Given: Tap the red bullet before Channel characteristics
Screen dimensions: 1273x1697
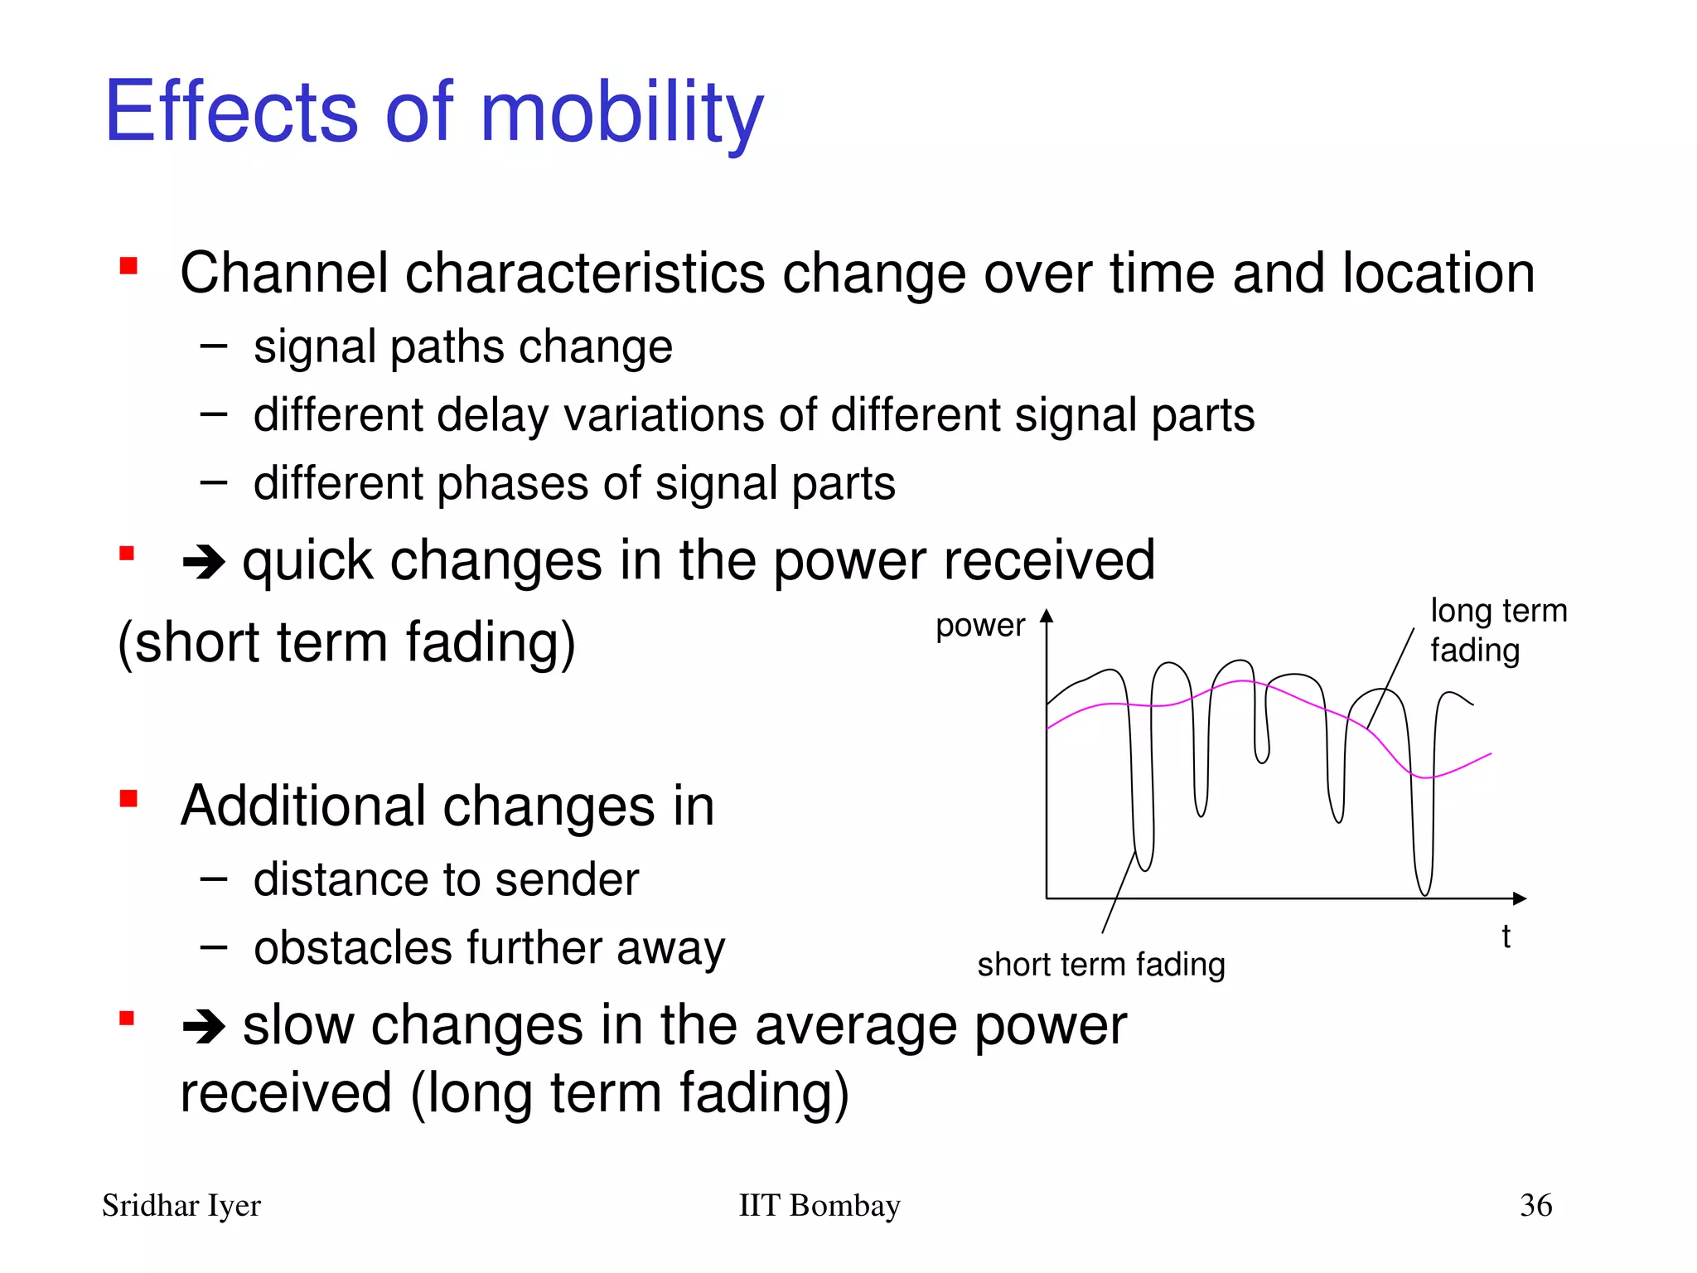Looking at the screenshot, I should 128,266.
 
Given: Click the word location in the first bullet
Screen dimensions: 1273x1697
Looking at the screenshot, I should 1438,273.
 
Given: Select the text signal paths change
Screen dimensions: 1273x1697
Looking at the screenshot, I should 462,346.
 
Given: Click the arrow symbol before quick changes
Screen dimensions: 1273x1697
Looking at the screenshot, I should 204,563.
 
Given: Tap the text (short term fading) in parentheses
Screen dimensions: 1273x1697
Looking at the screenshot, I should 346,642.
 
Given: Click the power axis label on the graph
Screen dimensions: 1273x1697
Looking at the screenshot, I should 979,625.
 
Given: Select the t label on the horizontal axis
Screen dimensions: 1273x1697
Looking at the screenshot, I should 1506,937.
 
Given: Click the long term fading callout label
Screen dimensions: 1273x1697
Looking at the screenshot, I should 1497,630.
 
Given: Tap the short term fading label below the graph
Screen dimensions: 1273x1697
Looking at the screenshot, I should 1100,965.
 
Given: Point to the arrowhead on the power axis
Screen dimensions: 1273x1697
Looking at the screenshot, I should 1047,616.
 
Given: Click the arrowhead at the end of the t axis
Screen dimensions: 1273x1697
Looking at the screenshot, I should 1519,898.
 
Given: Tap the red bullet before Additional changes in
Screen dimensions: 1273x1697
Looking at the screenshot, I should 128,799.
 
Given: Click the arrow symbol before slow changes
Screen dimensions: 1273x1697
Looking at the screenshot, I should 204,1028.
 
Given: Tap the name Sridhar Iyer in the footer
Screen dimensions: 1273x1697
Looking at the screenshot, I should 181,1206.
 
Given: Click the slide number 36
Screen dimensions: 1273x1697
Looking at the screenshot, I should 1535,1206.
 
